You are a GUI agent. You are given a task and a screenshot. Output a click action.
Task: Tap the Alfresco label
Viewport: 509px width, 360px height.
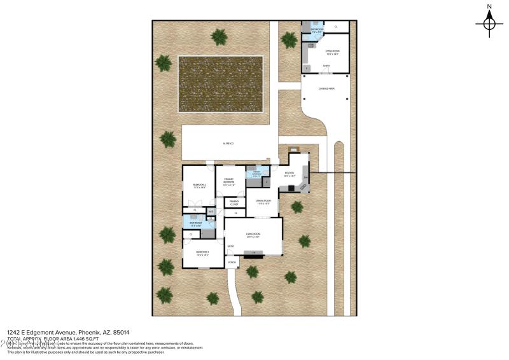(x=228, y=144)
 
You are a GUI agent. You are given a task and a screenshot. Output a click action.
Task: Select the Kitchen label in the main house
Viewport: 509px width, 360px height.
(x=289, y=173)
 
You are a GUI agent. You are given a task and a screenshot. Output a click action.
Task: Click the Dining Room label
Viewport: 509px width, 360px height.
(x=263, y=202)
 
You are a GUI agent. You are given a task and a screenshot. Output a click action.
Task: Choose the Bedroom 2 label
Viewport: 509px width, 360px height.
(x=199, y=185)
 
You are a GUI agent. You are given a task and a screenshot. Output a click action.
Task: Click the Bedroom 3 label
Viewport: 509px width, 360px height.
(x=202, y=253)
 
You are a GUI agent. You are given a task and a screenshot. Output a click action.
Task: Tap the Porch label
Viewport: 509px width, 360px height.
(x=232, y=262)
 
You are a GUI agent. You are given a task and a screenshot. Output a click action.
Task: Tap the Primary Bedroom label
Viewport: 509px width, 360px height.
(x=230, y=183)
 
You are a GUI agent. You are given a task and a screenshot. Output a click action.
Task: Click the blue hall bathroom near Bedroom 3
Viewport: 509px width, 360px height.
(x=195, y=222)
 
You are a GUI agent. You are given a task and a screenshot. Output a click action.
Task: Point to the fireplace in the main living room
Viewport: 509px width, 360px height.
(x=254, y=254)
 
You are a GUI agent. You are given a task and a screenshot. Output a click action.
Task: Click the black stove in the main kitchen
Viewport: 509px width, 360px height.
(x=291, y=188)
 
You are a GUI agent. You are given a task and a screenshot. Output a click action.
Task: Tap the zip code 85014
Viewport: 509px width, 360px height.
(x=122, y=332)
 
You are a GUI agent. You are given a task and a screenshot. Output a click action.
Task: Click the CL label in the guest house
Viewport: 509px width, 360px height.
(x=337, y=27)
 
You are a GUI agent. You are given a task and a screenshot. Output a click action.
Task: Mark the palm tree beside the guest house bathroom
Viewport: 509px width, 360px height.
(x=289, y=39)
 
